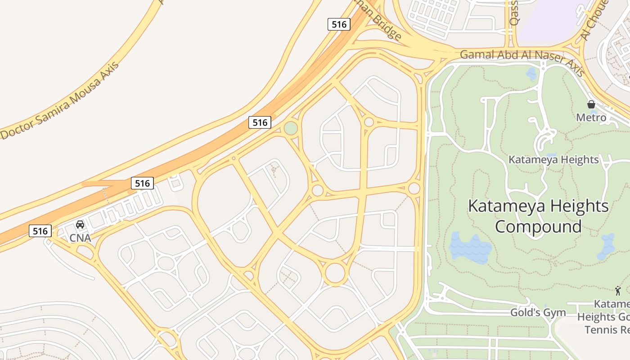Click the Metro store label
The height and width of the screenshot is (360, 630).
pyautogui.click(x=591, y=118)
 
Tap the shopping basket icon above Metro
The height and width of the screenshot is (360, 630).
pyautogui.click(x=591, y=104)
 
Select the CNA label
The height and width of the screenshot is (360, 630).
pyautogui.click(x=80, y=238)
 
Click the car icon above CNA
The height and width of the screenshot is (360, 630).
pyautogui.click(x=80, y=224)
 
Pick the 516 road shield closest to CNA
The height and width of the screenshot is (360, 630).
pyautogui.click(x=40, y=231)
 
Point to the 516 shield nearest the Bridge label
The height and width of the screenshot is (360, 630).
pyautogui.click(x=338, y=24)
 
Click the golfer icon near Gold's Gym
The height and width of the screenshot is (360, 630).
pyautogui.click(x=618, y=291)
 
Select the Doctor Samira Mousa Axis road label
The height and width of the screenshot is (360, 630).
pyautogui.click(x=60, y=100)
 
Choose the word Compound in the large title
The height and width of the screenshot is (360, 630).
pyautogui.click(x=538, y=226)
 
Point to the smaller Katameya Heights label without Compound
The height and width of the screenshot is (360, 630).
pyautogui.click(x=553, y=160)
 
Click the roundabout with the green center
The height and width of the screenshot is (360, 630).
pyautogui.click(x=291, y=129)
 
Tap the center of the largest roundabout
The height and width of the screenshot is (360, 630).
pyautogui.click(x=335, y=273)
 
